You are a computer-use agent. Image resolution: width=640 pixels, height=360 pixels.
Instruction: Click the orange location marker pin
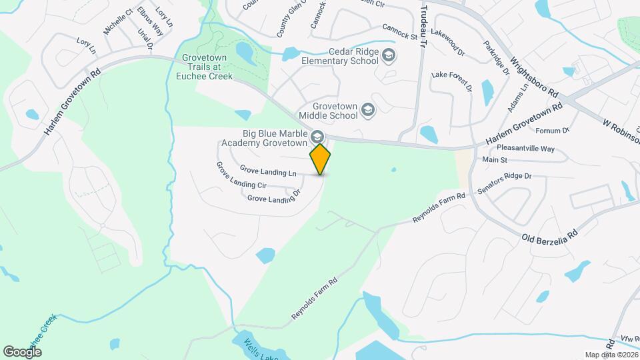[320, 159]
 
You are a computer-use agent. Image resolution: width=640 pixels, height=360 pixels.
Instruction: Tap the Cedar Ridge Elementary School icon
[387, 56]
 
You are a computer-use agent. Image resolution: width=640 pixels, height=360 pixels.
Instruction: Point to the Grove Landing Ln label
[268, 172]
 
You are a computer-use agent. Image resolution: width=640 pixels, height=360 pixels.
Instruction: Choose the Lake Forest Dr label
[452, 82]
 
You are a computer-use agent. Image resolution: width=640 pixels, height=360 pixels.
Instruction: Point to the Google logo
[22, 351]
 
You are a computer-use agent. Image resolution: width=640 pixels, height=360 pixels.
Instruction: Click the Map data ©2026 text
[610, 355]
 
